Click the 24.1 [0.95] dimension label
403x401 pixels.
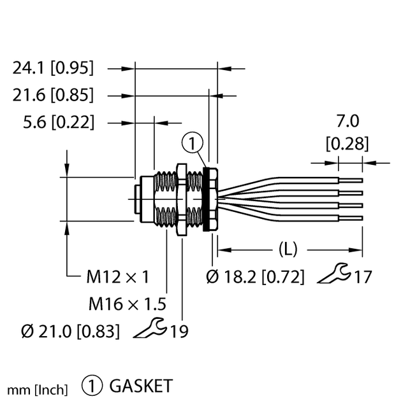(x=53, y=67)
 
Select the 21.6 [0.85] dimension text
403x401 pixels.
(x=53, y=95)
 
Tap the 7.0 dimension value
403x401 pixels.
(x=347, y=121)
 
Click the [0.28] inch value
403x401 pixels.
(x=347, y=144)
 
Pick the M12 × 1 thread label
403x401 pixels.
(x=117, y=276)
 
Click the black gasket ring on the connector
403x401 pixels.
(x=207, y=199)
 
